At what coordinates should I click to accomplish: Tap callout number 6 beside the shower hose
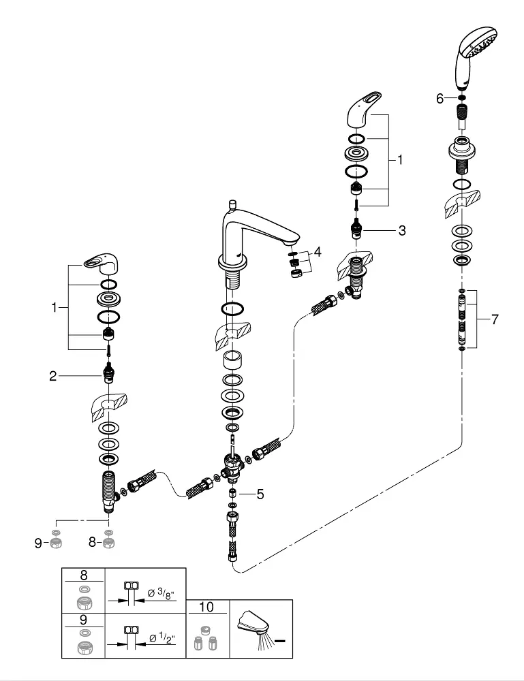pos(440,99)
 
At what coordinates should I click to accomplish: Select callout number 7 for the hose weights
pos(495,319)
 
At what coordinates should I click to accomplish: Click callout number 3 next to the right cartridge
pos(402,230)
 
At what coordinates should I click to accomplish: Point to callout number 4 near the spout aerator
pos(318,251)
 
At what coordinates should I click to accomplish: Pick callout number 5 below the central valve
pos(260,494)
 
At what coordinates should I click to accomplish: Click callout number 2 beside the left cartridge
pos(53,376)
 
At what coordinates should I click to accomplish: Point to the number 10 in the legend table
pos(206,607)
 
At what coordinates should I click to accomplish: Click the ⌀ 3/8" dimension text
pos(161,593)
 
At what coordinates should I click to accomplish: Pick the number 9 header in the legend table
pos(83,620)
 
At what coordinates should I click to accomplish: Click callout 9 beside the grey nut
pos(38,543)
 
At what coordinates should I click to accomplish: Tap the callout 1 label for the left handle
pos(54,308)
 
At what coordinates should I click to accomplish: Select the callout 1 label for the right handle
pos(400,160)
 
